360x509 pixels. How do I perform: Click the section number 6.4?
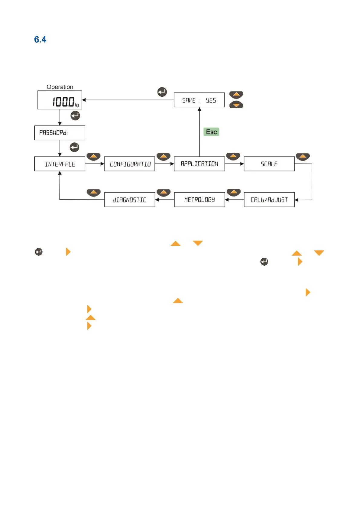click(40, 40)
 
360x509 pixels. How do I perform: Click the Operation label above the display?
click(60, 87)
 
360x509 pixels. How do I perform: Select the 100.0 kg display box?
click(60, 100)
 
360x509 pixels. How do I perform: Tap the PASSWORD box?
click(60, 133)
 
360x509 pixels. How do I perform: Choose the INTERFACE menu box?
click(60, 164)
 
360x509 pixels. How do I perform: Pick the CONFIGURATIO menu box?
click(129, 164)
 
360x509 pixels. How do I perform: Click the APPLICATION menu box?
click(199, 164)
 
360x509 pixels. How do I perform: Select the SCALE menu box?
click(269, 164)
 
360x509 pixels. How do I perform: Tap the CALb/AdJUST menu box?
click(269, 199)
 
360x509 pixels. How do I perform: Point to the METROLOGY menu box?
click(199, 199)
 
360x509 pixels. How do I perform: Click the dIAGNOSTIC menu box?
click(129, 199)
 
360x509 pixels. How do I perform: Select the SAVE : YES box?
click(199, 100)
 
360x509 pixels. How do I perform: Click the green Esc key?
click(211, 132)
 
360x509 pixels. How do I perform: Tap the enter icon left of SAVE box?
click(162, 92)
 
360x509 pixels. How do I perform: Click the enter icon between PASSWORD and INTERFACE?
click(74, 147)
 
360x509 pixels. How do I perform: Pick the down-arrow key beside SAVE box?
click(236, 105)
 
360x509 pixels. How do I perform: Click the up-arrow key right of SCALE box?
click(303, 157)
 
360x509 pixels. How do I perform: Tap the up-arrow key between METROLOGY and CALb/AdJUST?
click(233, 192)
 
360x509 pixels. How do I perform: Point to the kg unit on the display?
click(77, 105)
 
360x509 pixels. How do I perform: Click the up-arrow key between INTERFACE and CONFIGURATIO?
click(94, 157)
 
